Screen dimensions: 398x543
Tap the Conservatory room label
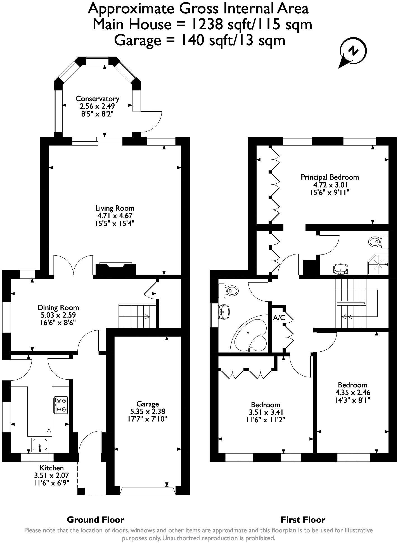[97, 99]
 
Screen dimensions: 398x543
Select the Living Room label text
[115, 208]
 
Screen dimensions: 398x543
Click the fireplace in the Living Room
[115, 269]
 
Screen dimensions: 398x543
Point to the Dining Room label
[58, 308]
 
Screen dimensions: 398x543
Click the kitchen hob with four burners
[61, 405]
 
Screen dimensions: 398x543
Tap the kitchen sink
[40, 445]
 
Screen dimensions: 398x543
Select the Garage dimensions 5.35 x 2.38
[148, 411]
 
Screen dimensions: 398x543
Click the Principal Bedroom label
[330, 177]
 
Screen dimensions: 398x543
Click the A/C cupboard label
[279, 318]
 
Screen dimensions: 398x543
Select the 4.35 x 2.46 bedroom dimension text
[353, 392]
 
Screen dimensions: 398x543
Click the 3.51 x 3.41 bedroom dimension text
[266, 412]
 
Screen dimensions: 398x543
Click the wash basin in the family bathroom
[224, 311]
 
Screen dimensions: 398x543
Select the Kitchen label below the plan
[51, 468]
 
